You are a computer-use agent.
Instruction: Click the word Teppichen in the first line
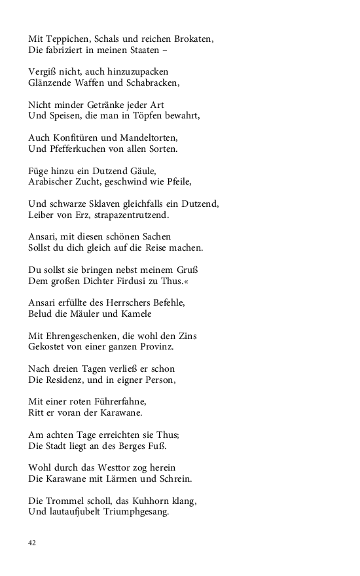(x=67, y=39)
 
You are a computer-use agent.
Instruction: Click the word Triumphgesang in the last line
(x=137, y=512)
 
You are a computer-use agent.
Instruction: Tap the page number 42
(x=32, y=543)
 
